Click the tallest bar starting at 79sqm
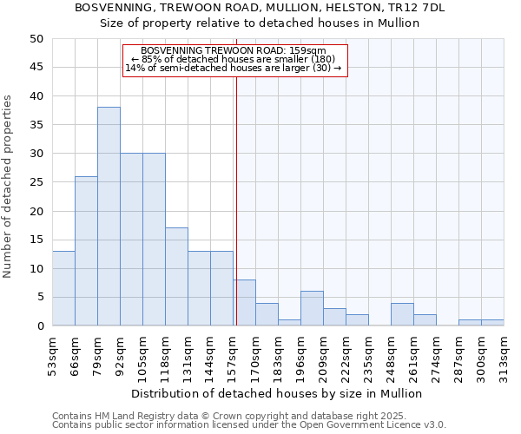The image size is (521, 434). (x=109, y=216)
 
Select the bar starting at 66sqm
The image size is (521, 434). (x=86, y=251)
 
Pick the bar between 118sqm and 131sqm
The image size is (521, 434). (x=176, y=277)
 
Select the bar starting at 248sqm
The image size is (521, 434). (x=402, y=314)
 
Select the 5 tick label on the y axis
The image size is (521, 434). (x=39, y=298)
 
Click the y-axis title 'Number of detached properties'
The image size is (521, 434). (x=8, y=187)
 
